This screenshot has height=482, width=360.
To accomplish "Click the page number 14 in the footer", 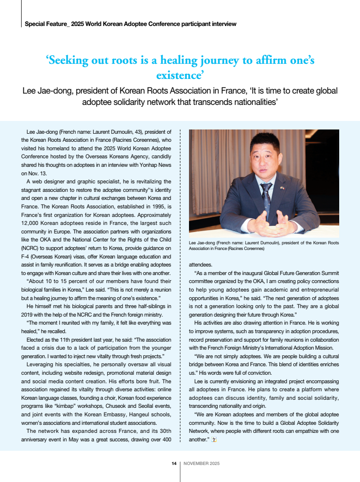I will click(x=174, y=464).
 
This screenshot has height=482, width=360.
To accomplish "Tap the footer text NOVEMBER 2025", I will click(x=201, y=464).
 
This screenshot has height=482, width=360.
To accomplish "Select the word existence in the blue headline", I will click(x=180, y=75).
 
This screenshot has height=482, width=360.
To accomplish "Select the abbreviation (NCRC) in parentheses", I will click(x=30, y=249).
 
